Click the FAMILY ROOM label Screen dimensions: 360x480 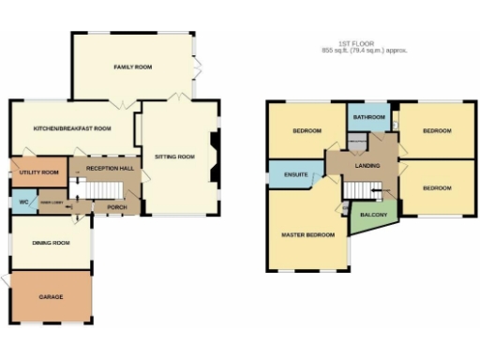click(133, 67)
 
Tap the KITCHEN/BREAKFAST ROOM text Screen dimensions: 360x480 click(72, 128)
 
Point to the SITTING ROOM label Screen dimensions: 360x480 click(174, 157)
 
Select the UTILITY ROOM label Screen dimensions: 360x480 click(37, 173)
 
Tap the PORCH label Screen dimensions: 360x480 click(117, 207)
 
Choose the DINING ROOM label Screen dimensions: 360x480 click(52, 243)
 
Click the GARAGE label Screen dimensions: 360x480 click(51, 296)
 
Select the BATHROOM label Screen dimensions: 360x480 click(369, 117)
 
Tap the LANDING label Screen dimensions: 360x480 click(367, 166)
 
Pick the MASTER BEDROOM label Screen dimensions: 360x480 click(307, 234)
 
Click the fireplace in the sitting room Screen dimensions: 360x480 click(214, 157)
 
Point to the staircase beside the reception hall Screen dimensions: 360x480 click(93, 190)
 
